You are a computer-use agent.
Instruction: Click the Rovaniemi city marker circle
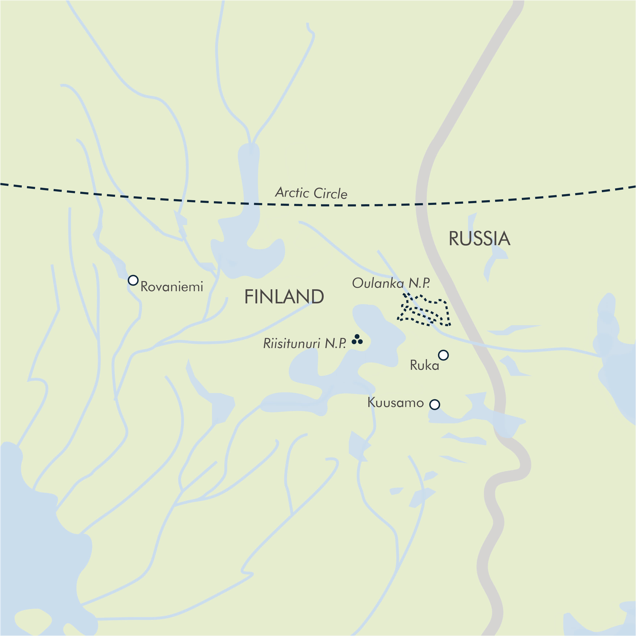[x=133, y=280]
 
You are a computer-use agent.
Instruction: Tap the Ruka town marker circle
[x=443, y=355]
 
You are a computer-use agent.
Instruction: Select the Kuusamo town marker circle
[x=434, y=404]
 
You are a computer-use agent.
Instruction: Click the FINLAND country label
[x=284, y=297]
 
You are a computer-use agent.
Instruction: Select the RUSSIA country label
[x=479, y=239]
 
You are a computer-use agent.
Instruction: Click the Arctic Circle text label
[x=311, y=193]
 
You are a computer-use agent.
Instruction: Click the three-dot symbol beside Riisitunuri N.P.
[x=357, y=339]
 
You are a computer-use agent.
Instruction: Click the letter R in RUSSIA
[x=455, y=239]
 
